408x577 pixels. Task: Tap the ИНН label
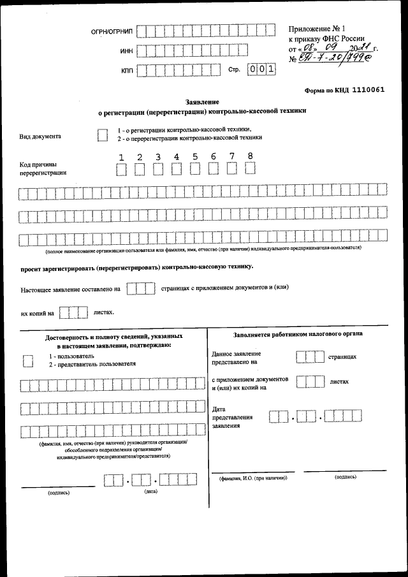click(x=126, y=52)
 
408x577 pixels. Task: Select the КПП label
click(x=126, y=71)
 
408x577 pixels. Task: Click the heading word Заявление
click(x=202, y=101)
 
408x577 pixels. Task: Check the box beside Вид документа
click(x=102, y=135)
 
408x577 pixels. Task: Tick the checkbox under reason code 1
click(x=121, y=169)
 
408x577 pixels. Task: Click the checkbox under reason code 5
click(x=195, y=168)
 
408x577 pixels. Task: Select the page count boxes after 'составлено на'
click(x=140, y=289)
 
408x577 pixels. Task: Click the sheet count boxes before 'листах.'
click(x=73, y=313)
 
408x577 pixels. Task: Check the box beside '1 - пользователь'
click(x=27, y=360)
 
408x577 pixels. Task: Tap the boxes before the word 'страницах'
click(x=310, y=358)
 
